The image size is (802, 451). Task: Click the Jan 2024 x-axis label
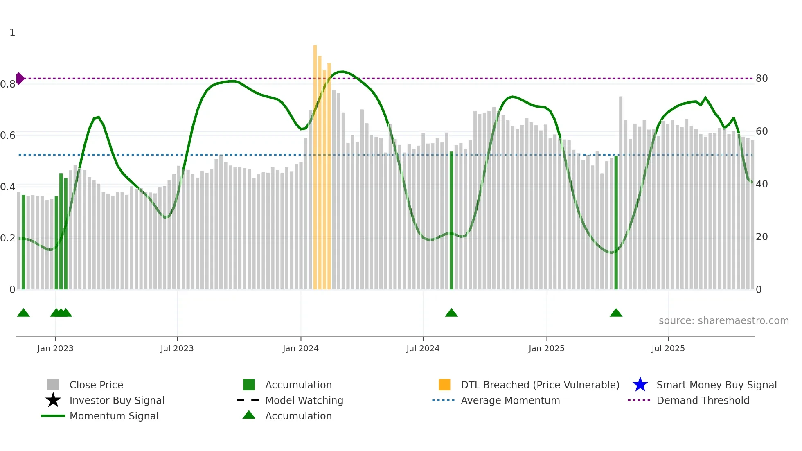tap(300, 348)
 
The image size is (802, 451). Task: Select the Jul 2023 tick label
tap(177, 348)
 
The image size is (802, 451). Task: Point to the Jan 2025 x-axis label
tap(546, 348)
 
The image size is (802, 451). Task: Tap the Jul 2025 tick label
tap(668, 348)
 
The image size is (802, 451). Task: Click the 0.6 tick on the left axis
tap(8, 135)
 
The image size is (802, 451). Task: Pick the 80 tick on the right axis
tap(761, 79)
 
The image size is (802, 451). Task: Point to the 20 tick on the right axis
tap(761, 237)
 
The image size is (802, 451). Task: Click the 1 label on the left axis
tap(12, 33)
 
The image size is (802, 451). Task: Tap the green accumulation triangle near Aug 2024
tap(451, 313)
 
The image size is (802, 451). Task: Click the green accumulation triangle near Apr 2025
tap(616, 313)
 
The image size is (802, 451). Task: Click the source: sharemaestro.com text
tap(723, 321)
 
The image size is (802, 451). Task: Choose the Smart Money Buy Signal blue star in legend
tap(640, 385)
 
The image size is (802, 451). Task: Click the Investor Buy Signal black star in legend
tap(53, 400)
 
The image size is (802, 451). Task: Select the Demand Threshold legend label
tap(703, 400)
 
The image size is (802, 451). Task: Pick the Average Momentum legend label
tap(510, 400)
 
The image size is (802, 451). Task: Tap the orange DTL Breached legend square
tap(444, 385)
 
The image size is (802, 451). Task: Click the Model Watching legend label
tap(304, 400)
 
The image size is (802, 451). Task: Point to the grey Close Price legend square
tap(53, 385)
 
